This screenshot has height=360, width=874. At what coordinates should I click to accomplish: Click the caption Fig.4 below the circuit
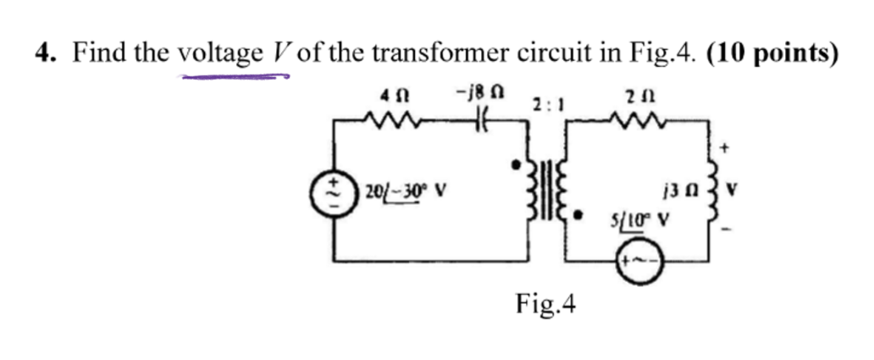(x=546, y=302)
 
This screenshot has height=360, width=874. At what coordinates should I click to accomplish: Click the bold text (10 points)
(x=772, y=54)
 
